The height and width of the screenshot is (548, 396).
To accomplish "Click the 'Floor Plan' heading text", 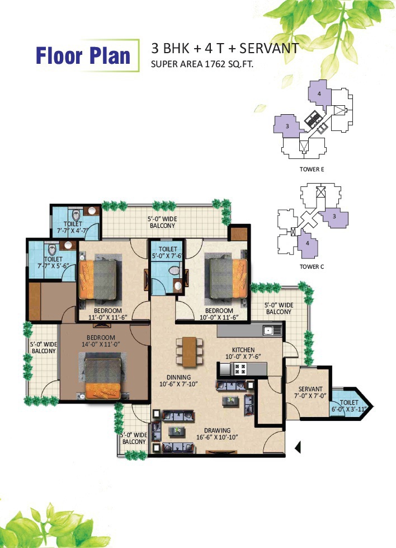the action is point(83,56).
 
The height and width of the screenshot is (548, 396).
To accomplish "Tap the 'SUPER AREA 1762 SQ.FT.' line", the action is point(202,64).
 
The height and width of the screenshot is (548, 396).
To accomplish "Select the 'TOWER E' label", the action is point(312,169).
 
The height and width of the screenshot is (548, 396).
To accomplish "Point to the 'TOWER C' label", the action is point(312,266).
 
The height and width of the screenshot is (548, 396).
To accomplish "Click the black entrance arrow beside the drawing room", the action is point(298,447).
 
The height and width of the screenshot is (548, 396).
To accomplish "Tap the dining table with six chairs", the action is point(189,352).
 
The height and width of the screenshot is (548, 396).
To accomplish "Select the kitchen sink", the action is point(272,330).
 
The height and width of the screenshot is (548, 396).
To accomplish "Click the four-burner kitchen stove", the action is point(240,368).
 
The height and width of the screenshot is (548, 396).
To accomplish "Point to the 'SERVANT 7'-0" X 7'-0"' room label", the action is point(310,392).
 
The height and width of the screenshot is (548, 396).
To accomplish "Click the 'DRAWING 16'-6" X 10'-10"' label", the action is point(217,434).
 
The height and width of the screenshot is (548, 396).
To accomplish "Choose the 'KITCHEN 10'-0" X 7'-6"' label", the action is point(243,353).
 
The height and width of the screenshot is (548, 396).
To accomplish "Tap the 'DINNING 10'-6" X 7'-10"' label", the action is point(178,381).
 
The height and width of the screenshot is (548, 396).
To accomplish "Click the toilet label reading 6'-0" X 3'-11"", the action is point(349,406).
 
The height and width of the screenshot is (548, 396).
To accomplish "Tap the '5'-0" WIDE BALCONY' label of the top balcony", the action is point(162,222).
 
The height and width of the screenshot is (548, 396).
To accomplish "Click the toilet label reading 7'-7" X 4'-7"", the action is point(73,227).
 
